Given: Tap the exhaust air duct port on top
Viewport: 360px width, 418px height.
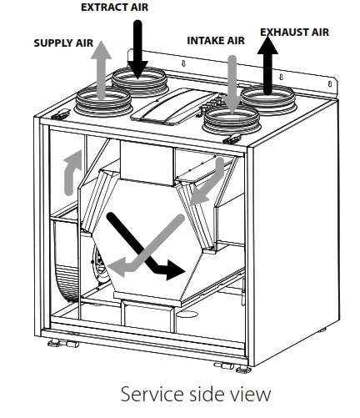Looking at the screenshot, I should [270, 99].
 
